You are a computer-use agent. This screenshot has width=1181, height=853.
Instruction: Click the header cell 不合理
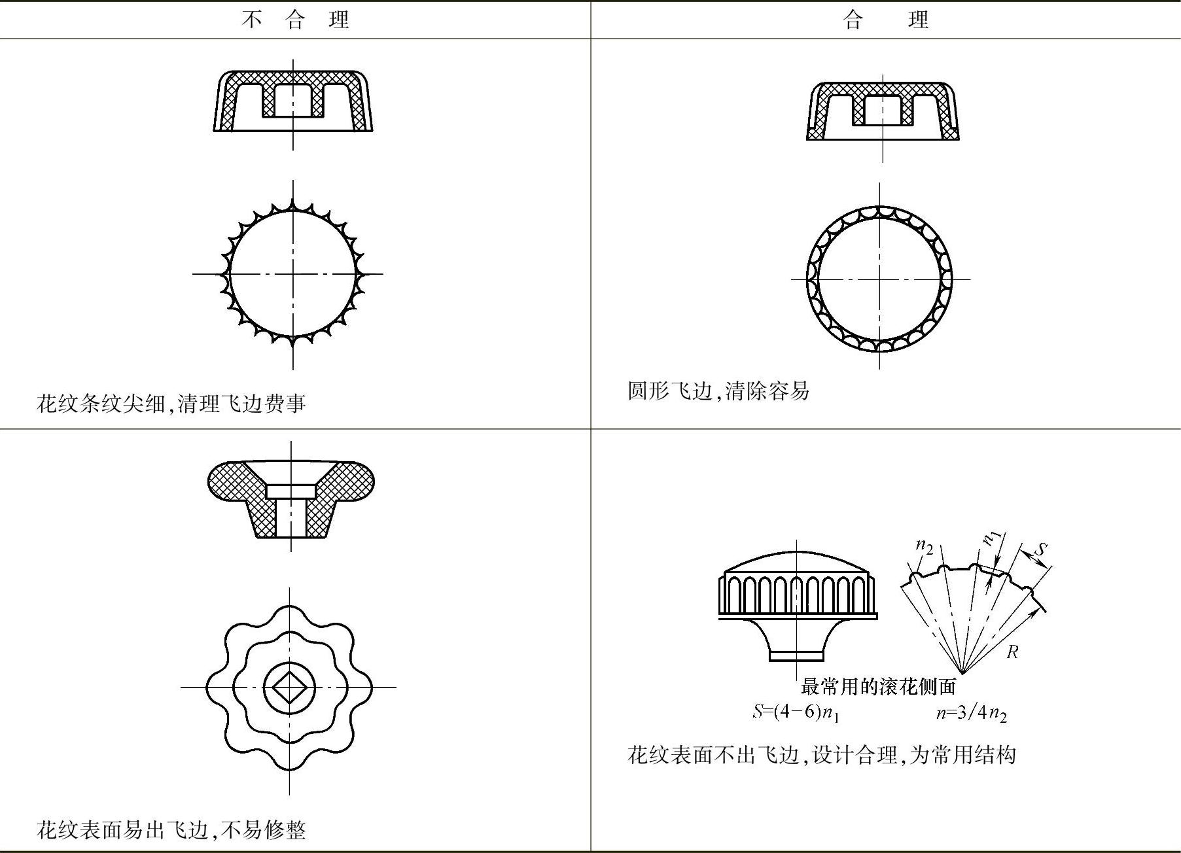click(x=295, y=20)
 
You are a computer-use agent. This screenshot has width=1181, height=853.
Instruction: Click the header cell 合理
click(x=886, y=20)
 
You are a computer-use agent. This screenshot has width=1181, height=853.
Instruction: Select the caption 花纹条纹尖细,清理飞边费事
click(x=171, y=403)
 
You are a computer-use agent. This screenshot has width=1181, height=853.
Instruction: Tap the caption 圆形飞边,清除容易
click(x=718, y=391)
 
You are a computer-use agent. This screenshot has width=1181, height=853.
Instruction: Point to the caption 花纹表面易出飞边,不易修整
click(x=171, y=830)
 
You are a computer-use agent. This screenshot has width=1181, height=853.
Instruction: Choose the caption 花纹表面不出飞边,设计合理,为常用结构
click(x=821, y=755)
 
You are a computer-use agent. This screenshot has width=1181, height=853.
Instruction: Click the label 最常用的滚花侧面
click(x=878, y=686)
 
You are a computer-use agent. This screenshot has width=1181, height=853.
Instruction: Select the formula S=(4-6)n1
click(x=796, y=712)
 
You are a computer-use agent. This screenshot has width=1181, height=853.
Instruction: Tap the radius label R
click(x=1012, y=652)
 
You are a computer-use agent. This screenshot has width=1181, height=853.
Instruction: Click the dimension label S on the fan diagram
click(x=1041, y=549)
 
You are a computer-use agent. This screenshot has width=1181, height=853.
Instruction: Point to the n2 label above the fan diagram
click(x=924, y=546)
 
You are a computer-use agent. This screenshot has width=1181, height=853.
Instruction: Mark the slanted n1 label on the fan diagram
click(x=993, y=538)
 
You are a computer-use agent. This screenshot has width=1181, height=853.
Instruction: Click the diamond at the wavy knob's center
click(x=290, y=688)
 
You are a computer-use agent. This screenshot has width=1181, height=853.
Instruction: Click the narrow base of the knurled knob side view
click(x=796, y=655)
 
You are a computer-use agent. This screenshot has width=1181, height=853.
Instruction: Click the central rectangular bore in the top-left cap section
click(x=292, y=99)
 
